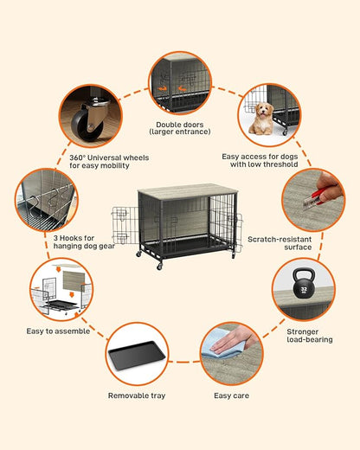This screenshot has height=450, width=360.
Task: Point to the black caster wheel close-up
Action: [87, 124]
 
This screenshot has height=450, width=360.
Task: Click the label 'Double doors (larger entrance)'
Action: [180, 129]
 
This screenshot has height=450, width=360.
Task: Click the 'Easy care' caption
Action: [228, 395]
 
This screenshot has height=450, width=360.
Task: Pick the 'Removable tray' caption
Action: [136, 395]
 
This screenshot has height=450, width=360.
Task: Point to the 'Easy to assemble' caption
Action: [58, 331]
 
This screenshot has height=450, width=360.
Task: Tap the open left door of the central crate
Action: [121, 226]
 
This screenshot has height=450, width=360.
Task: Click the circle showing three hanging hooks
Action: [46, 200]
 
